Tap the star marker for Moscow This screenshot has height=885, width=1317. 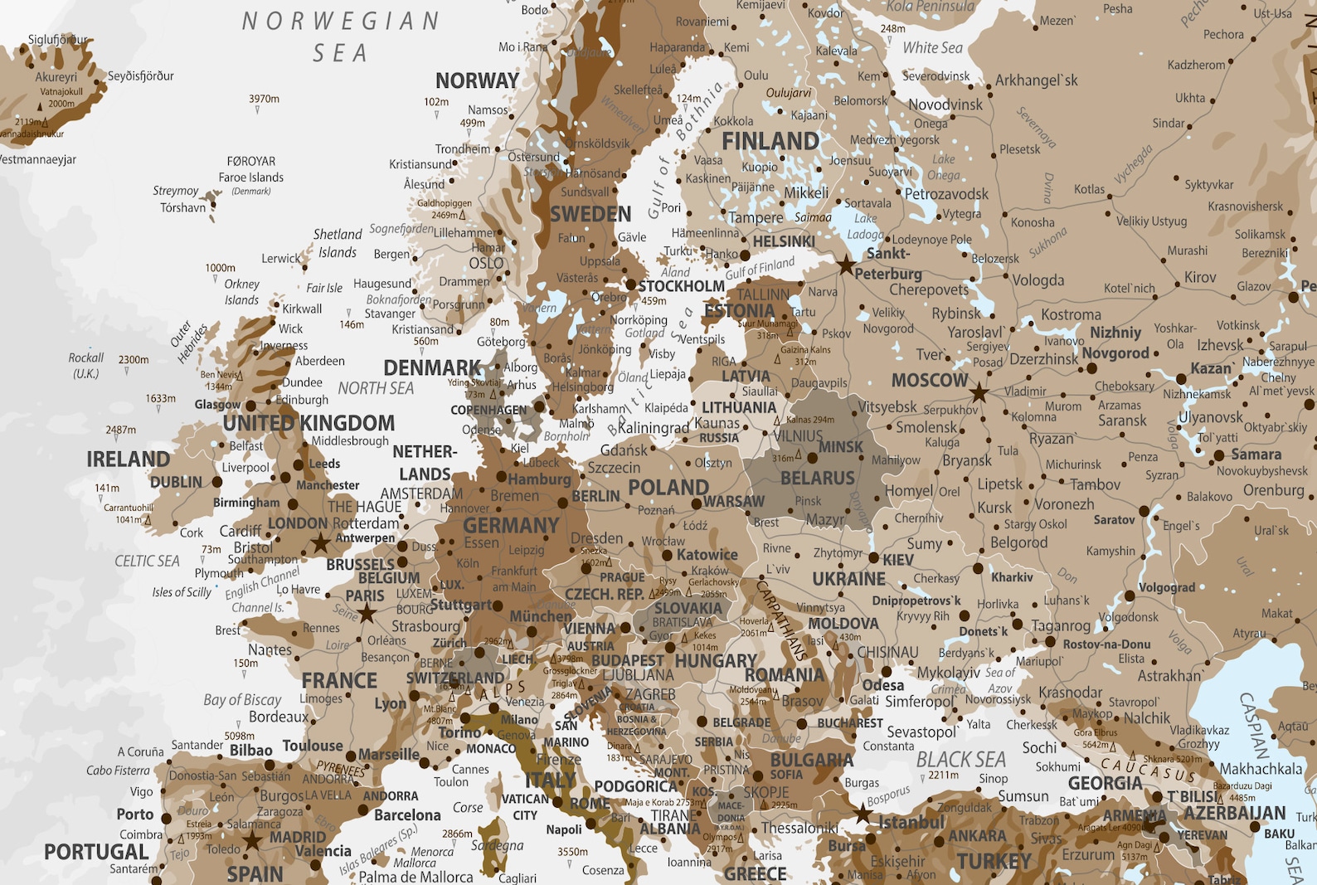(x=979, y=391)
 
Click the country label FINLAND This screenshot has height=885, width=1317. (x=770, y=141)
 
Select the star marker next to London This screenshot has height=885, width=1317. (x=320, y=543)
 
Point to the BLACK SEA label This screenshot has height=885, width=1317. (x=960, y=759)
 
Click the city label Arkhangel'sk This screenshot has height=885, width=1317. (x=1036, y=80)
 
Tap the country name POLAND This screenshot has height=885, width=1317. (x=668, y=487)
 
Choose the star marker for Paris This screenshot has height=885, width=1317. (x=367, y=614)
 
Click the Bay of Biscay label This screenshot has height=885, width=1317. (x=242, y=699)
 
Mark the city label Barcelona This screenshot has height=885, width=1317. (x=407, y=814)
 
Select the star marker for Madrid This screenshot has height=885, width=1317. (x=252, y=841)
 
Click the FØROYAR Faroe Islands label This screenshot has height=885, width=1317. (x=250, y=169)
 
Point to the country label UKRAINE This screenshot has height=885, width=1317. (x=848, y=578)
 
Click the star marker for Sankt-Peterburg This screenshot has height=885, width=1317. (x=845, y=265)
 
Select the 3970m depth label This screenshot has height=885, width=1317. (x=264, y=99)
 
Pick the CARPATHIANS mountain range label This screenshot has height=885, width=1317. (x=780, y=618)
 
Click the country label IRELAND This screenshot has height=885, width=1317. (x=128, y=459)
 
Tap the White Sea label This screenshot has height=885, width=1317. (x=932, y=48)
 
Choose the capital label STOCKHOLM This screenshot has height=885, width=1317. (x=681, y=286)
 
